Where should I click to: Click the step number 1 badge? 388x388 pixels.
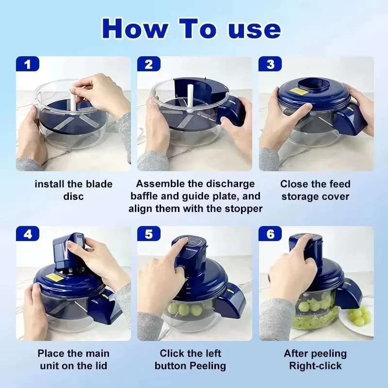point(28,64)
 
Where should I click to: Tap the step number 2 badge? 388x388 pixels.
point(149,64)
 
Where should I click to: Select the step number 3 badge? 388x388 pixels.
point(270,64)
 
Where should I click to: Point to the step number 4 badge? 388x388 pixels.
point(28,234)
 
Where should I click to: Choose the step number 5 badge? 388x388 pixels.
point(149,234)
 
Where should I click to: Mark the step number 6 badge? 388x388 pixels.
point(270,234)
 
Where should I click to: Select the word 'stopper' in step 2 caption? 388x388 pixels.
point(243,209)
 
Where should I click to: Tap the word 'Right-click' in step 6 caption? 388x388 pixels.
point(315,366)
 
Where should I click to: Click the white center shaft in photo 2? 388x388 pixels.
point(190,98)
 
